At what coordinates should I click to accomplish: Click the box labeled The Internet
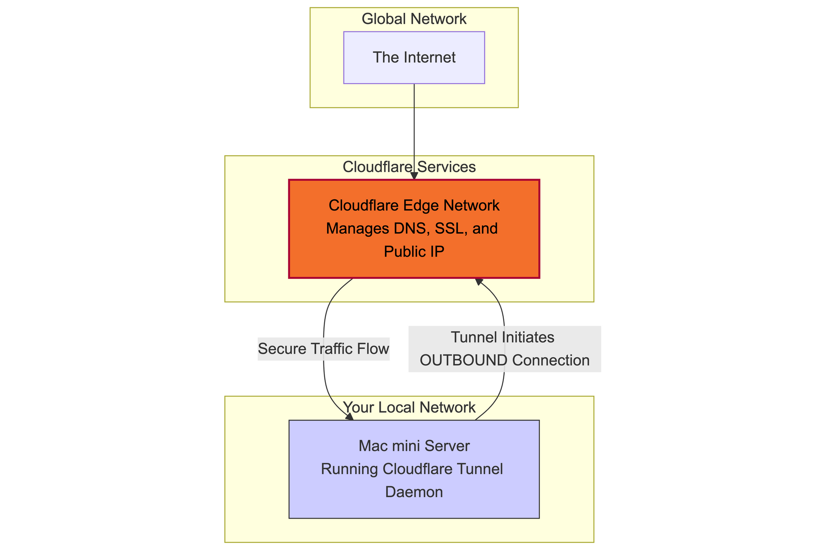(x=414, y=58)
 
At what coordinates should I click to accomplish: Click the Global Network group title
(x=414, y=19)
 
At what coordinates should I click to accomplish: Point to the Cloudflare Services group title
(x=409, y=167)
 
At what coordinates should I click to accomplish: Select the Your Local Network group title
(x=409, y=408)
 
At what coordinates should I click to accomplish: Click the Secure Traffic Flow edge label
(x=323, y=349)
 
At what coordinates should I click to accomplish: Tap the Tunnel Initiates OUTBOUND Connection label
(x=504, y=349)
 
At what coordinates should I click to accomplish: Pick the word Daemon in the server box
(x=414, y=492)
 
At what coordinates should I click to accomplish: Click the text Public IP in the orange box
(x=414, y=251)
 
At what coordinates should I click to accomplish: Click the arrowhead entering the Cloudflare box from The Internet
(x=414, y=176)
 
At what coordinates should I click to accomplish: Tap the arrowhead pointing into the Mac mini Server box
(x=349, y=417)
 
